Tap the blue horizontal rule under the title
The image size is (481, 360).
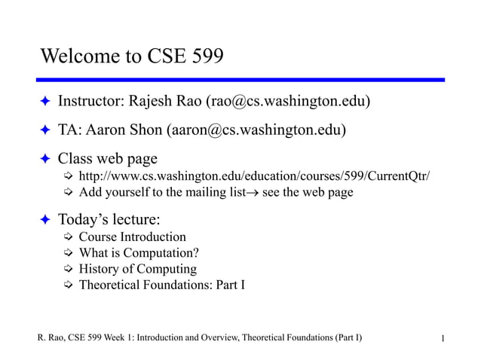[240, 80]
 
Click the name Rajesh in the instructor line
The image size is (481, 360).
[155, 101]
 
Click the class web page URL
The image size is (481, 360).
[254, 176]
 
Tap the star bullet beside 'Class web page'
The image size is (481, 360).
[44, 158]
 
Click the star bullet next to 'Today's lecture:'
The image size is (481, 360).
[44, 220]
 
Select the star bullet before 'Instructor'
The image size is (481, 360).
[44, 101]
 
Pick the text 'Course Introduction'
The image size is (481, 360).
[132, 237]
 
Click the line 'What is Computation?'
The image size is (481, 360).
[139, 253]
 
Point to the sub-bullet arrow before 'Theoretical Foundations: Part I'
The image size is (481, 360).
[68, 285]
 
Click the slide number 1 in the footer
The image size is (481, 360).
[444, 338]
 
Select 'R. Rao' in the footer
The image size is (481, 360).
[52, 337]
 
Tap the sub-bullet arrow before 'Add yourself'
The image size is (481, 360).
[68, 192]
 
